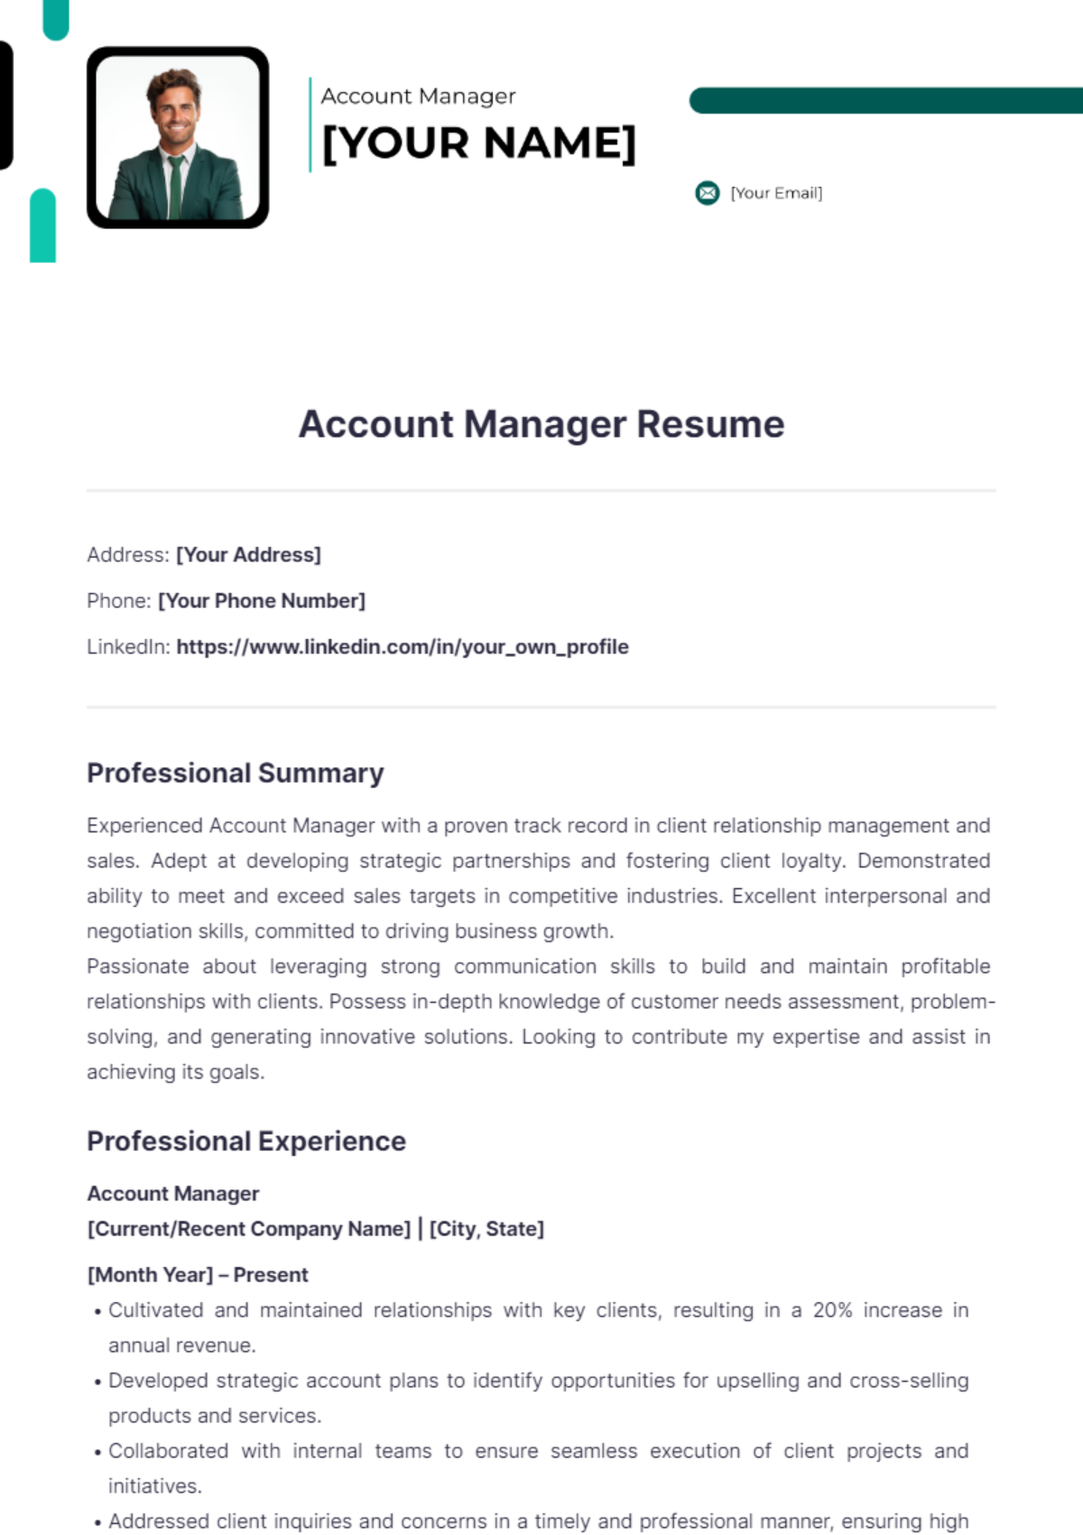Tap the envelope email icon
pos(708,193)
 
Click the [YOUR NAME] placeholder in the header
pos(478,143)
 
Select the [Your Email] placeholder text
pos(776,193)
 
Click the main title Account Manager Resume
pos(541,424)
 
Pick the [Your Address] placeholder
pos(248,555)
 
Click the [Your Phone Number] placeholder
pos(262,601)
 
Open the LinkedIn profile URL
pos(403,647)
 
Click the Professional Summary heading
pos(236,773)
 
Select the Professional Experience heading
pos(246,1142)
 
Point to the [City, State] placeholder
pos(486,1229)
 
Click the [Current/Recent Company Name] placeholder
pos(249,1229)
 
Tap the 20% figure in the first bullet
pos(832,1310)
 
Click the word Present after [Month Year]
pos(271,1275)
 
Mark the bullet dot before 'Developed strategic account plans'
pos(97,1382)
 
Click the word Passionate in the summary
pos(138,966)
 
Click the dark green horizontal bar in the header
pos(884,100)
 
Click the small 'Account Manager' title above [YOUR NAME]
pos(419,96)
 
